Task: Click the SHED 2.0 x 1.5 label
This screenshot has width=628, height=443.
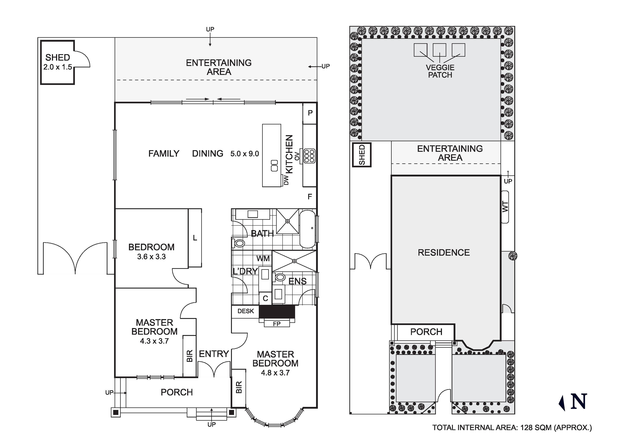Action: [x=58, y=62]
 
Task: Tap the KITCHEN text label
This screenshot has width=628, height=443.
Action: [x=289, y=154]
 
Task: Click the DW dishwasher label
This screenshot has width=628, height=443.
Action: [x=286, y=180]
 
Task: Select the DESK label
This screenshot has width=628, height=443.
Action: [x=246, y=311]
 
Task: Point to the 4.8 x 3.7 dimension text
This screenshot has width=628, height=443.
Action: [x=275, y=373]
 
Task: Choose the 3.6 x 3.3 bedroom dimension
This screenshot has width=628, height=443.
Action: [x=151, y=257]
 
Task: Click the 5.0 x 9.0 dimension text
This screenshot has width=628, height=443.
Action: [x=245, y=154]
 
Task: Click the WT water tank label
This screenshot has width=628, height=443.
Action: [x=505, y=207]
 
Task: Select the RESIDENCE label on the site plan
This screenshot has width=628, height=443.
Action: [x=444, y=252]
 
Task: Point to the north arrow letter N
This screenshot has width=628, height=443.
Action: [x=579, y=402]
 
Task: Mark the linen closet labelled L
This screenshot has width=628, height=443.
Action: [x=195, y=238]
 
